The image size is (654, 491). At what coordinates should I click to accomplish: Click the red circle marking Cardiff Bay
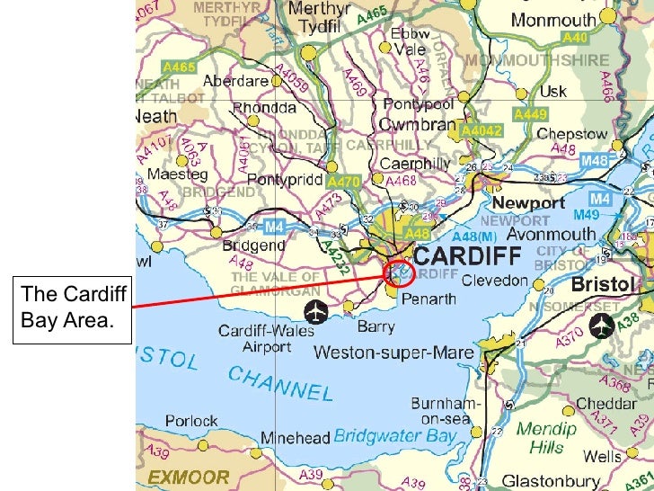tap(398, 272)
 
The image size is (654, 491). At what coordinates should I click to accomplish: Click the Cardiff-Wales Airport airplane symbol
tap(316, 312)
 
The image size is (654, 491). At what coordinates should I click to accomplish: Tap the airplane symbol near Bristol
tap(600, 326)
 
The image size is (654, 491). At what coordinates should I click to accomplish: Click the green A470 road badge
tap(343, 181)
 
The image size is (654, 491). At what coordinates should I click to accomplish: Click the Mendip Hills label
tap(546, 438)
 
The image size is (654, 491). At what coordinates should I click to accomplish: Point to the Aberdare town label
tap(235, 80)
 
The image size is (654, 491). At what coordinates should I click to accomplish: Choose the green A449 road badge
tap(530, 114)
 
